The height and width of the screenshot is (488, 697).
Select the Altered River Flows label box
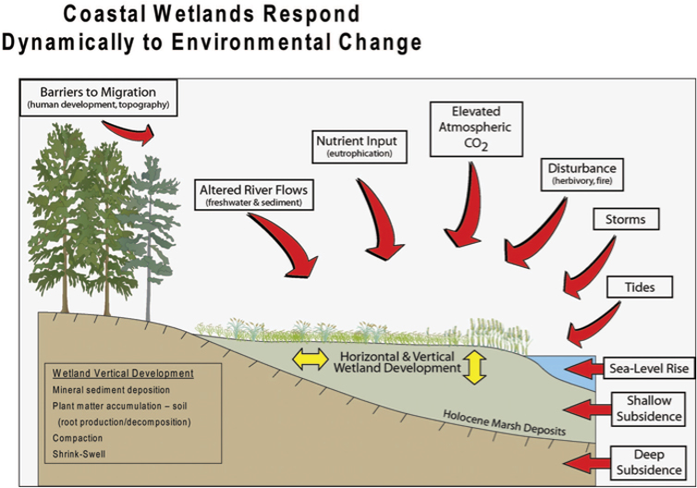coord(253,195)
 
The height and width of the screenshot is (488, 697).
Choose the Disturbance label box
coord(581,174)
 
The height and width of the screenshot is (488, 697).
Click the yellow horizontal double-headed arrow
coord(311,360)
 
